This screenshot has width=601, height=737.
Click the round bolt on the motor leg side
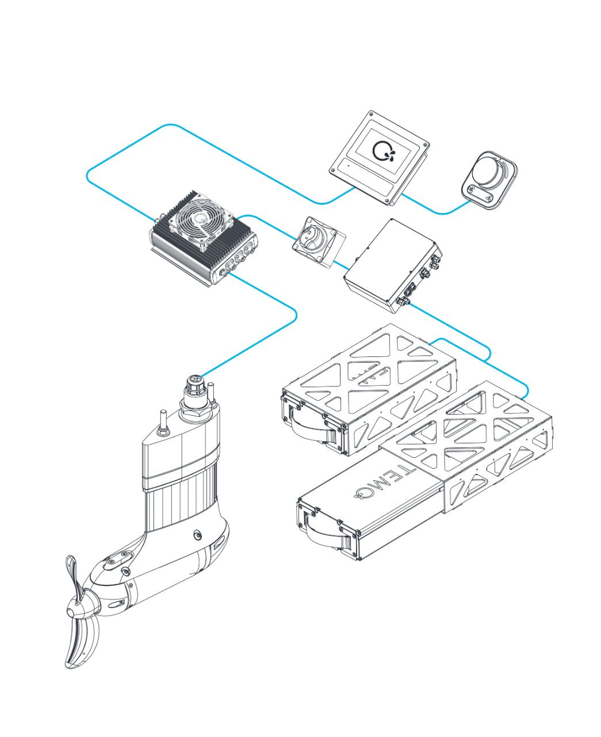(198, 535)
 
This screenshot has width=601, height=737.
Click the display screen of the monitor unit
(384, 151)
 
